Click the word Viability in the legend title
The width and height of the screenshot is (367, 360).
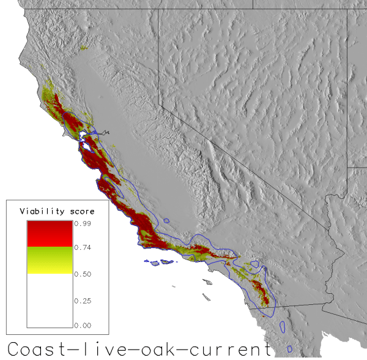click(x=38, y=211)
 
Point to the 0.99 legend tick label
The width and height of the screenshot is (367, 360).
click(x=83, y=224)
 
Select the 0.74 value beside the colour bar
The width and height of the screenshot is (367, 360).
click(x=83, y=248)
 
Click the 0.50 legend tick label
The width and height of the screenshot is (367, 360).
click(x=83, y=274)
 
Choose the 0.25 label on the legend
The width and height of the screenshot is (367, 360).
click(x=83, y=300)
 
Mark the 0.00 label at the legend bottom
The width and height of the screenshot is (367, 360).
click(x=83, y=325)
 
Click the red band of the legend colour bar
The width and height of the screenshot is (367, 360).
click(x=50, y=234)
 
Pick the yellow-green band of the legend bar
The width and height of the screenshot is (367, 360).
click(x=50, y=260)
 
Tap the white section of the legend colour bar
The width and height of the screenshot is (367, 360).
click(x=50, y=300)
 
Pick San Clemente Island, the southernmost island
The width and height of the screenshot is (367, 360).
click(x=209, y=298)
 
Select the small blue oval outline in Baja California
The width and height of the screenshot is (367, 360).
click(x=283, y=326)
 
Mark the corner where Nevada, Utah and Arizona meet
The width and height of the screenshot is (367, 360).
click(x=348, y=167)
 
